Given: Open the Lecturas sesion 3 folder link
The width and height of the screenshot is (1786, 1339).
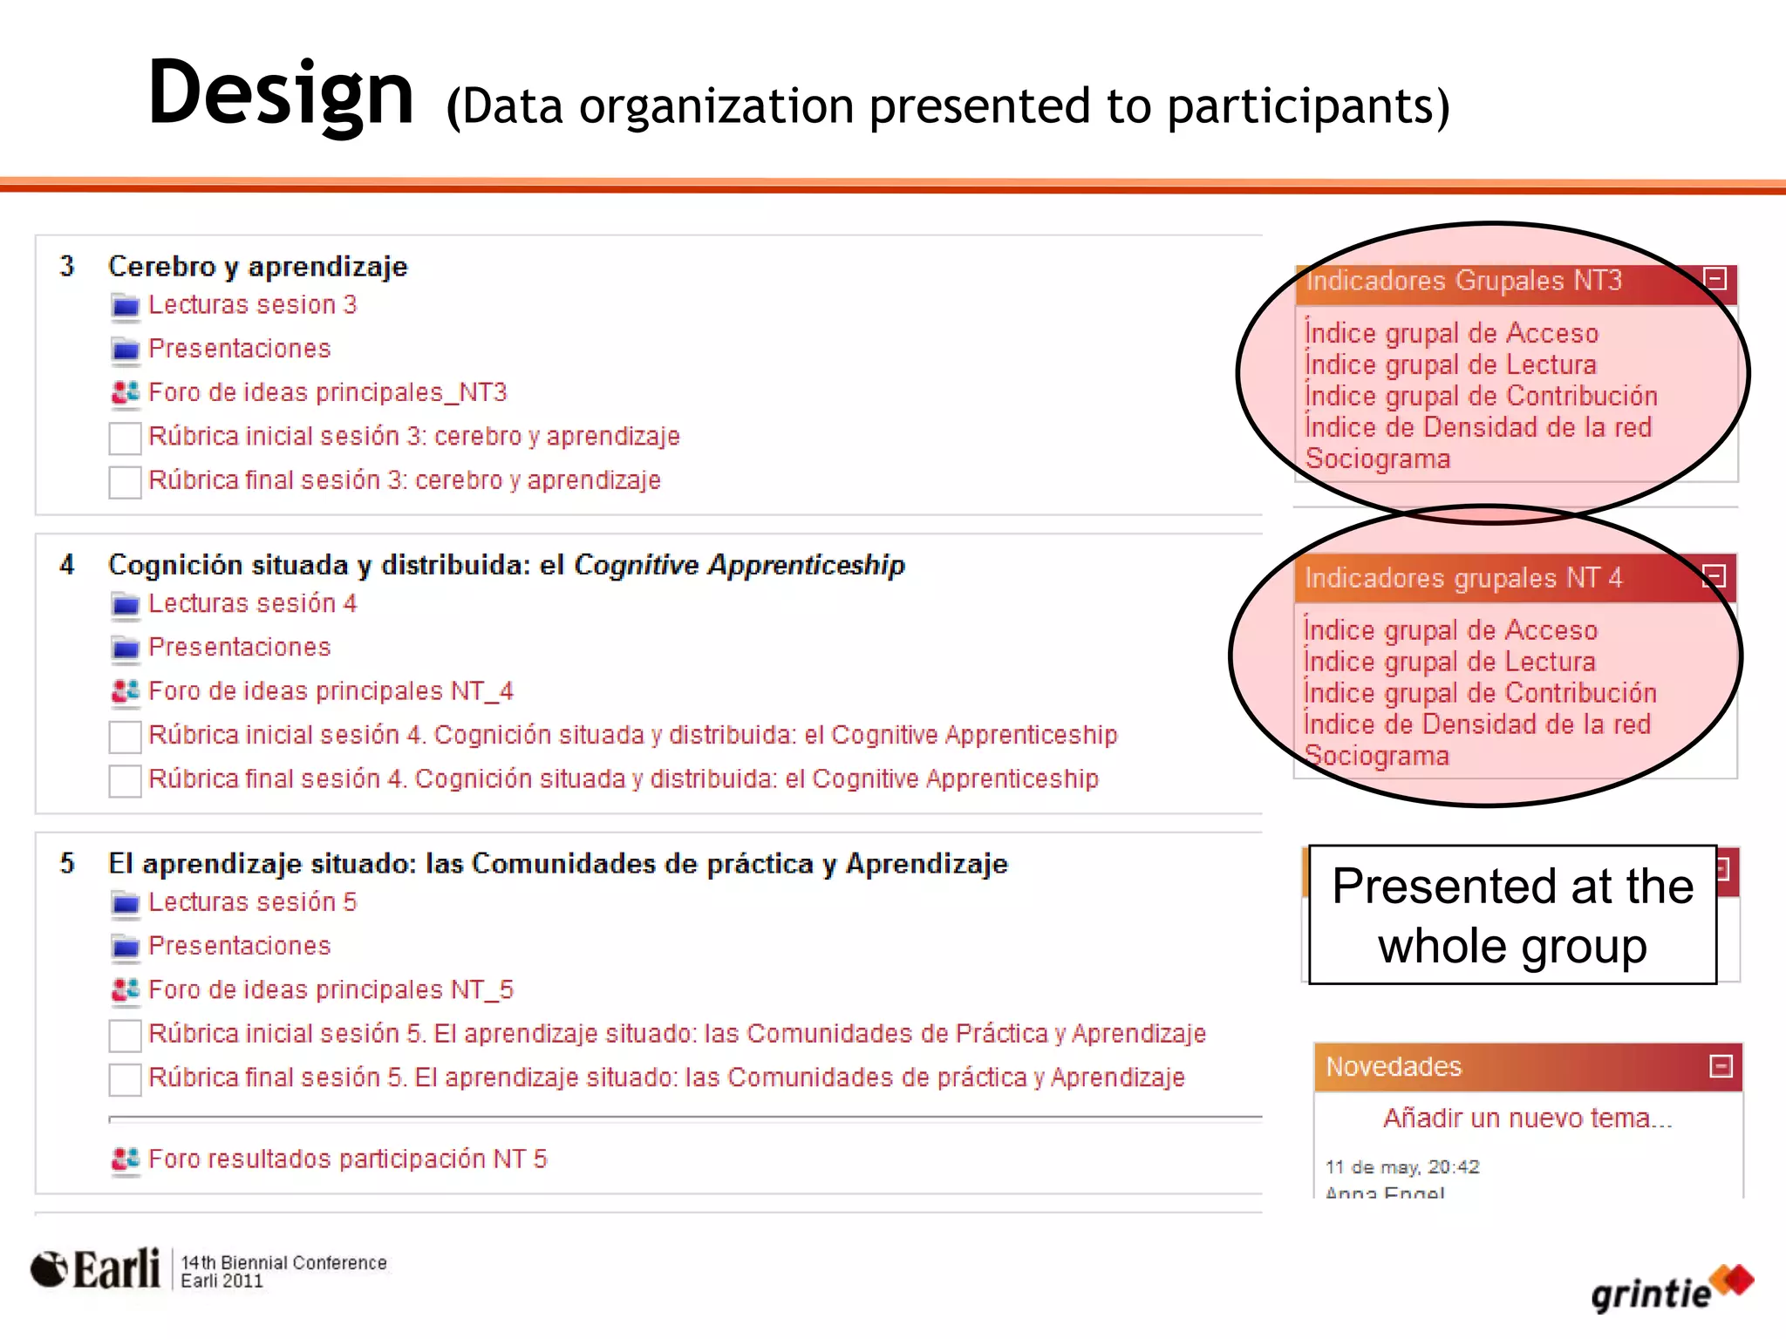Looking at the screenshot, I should point(252,305).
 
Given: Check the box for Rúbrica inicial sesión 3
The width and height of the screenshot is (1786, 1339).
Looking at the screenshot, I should point(125,438).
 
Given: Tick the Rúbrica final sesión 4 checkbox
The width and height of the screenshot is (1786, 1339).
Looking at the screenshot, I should point(125,780).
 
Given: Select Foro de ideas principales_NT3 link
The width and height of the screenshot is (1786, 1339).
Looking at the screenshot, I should point(327,393).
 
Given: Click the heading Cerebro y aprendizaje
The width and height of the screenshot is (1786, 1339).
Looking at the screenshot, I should point(257,266).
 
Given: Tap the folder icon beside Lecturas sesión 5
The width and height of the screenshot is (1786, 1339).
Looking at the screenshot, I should point(126,903).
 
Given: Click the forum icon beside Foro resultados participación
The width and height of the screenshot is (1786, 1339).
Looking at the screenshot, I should point(126,1159).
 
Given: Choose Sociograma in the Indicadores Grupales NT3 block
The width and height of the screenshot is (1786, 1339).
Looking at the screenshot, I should point(1378,459).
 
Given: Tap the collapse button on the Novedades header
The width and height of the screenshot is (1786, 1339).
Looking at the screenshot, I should point(1721,1066).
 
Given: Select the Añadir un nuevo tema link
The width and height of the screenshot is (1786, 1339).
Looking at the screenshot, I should point(1528,1118).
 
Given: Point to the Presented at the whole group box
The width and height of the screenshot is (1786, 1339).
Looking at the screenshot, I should point(1512,914).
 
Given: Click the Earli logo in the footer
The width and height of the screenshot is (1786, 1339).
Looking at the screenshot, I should point(96,1269).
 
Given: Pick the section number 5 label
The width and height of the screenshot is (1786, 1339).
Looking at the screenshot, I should point(67,863).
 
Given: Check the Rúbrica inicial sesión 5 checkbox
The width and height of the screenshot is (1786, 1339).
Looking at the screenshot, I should point(125,1035).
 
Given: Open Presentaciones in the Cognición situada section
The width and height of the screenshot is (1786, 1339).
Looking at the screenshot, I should point(240,647).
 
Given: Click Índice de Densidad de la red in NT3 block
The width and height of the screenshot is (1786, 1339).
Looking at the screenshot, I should point(1478,427).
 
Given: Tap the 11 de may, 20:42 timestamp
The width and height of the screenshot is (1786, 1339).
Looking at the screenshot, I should point(1402,1166).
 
